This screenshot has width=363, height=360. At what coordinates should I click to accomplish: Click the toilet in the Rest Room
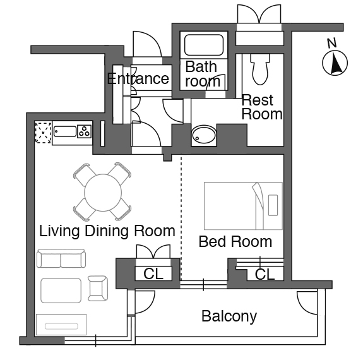(x=260, y=69)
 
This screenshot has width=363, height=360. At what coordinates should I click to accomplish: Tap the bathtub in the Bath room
(x=204, y=45)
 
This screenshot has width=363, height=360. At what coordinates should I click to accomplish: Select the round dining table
(x=103, y=193)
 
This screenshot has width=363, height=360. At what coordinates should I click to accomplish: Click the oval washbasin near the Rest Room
(x=204, y=135)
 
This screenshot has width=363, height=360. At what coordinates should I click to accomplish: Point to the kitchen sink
(x=65, y=131)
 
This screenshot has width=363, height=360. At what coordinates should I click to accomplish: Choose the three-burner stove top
(x=84, y=131)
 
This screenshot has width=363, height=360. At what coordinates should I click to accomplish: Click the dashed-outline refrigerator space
(x=43, y=133)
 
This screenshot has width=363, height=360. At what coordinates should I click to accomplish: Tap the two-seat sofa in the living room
(x=61, y=258)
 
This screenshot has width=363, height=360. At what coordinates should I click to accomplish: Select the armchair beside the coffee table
(x=98, y=288)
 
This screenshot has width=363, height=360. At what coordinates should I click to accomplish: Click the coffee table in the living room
(x=61, y=291)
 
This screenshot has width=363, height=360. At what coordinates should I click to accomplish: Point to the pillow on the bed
(x=273, y=205)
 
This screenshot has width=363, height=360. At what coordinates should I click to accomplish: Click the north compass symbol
(x=335, y=63)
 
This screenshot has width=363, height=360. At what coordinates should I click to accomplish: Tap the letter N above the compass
(x=331, y=43)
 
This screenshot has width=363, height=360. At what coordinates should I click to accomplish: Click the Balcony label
(x=229, y=316)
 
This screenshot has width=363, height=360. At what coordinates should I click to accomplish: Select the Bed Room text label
(x=235, y=242)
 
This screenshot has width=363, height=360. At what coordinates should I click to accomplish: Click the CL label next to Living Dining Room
(x=153, y=273)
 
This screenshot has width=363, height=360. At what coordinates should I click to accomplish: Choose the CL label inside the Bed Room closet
(x=265, y=274)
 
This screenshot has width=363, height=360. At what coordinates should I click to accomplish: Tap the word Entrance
(x=138, y=78)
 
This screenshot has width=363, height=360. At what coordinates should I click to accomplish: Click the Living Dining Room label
(x=107, y=231)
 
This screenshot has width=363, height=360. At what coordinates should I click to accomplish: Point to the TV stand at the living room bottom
(x=61, y=325)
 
